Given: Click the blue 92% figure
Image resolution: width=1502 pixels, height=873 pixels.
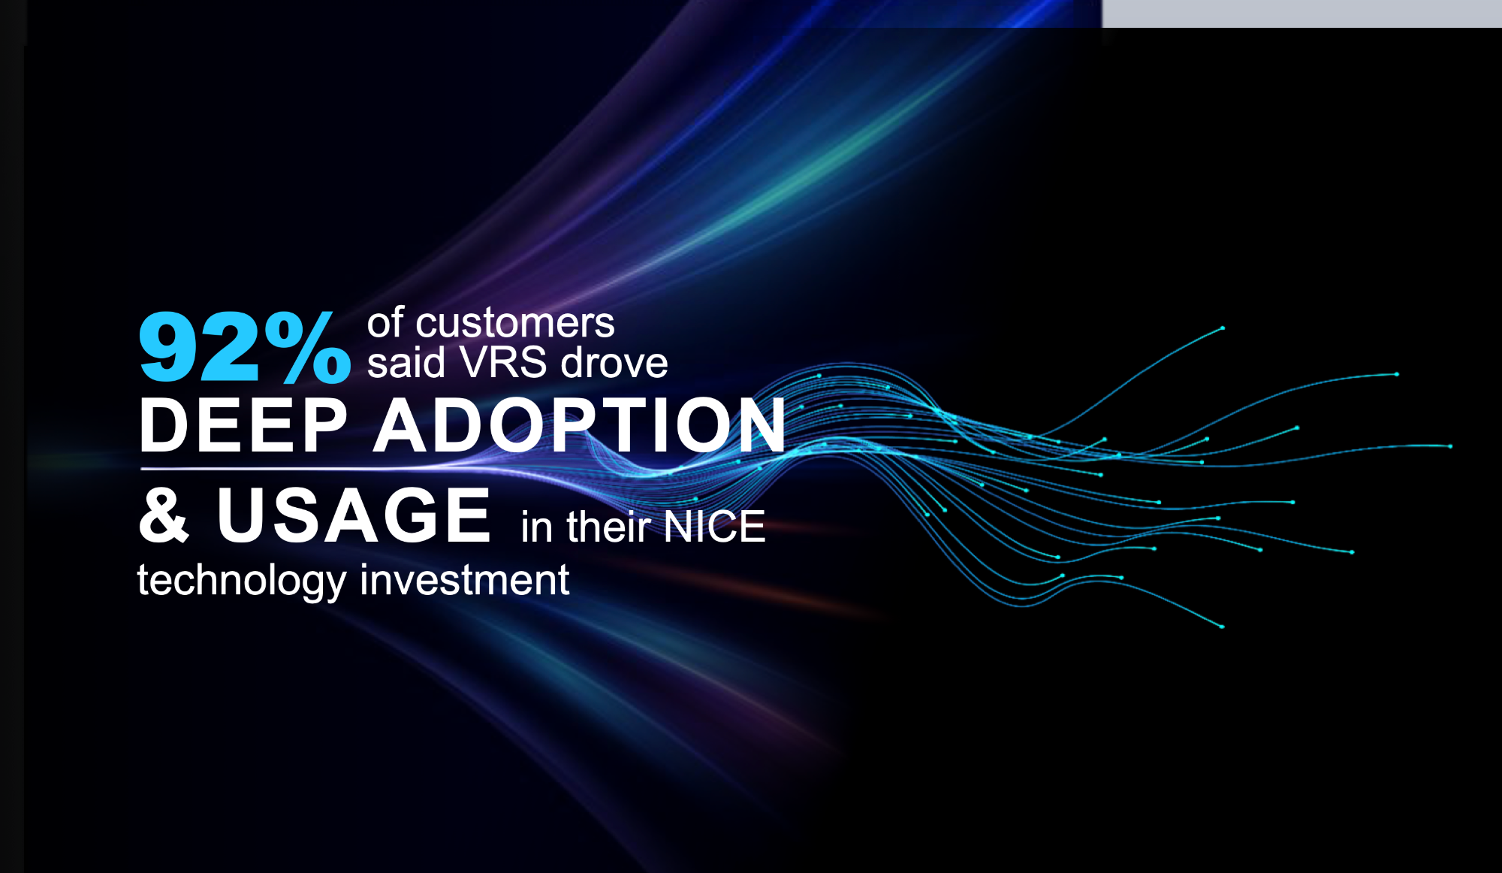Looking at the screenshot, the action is click(245, 347).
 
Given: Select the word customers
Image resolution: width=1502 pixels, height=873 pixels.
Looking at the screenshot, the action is click(515, 323).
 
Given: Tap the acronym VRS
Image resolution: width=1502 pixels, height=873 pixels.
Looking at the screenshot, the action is click(503, 363).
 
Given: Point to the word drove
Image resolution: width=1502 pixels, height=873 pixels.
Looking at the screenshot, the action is click(614, 363).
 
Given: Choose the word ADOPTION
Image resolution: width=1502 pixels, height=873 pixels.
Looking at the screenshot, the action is click(580, 425).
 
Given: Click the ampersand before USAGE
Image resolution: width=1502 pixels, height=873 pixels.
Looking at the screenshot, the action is click(164, 515).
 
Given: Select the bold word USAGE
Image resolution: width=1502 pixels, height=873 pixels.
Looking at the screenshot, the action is click(354, 515).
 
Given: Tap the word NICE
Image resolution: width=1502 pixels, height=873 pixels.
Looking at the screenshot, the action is click(714, 527).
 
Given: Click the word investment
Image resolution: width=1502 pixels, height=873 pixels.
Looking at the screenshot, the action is click(465, 580).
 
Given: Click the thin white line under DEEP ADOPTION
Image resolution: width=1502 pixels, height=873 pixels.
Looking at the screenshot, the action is click(300, 469).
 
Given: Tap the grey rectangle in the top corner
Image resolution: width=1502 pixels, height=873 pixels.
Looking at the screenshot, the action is click(1301, 14).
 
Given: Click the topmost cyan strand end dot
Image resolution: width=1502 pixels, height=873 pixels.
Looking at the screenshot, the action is click(1223, 328).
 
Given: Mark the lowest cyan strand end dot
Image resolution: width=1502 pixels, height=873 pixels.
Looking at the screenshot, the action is click(1222, 627).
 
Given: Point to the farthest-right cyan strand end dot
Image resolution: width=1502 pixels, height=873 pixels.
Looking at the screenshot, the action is click(1450, 446).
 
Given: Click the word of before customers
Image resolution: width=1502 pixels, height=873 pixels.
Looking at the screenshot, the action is click(385, 323).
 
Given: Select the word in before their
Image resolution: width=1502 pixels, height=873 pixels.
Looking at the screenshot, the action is click(537, 527).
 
